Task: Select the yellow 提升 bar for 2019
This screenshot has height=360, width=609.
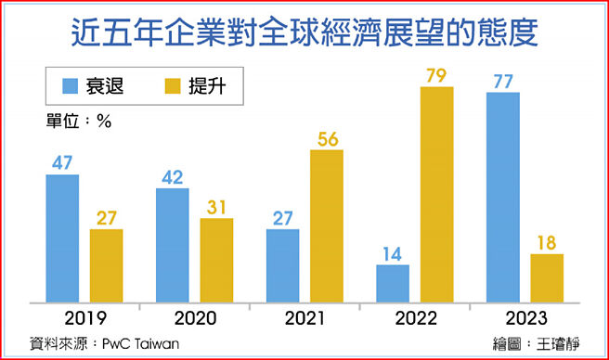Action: [x=106, y=264]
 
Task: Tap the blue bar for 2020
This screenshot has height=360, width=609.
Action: [x=173, y=244]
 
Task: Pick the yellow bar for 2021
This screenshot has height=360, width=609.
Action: [x=326, y=225]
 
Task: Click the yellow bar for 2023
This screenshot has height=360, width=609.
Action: [x=547, y=276]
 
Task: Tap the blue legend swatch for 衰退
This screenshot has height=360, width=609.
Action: [x=70, y=87]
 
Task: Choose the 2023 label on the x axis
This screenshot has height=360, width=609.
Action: [x=525, y=319]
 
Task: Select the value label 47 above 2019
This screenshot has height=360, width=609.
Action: [x=61, y=162]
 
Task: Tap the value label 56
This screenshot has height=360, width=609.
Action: [x=326, y=138]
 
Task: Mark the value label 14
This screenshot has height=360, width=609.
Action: [x=393, y=252]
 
